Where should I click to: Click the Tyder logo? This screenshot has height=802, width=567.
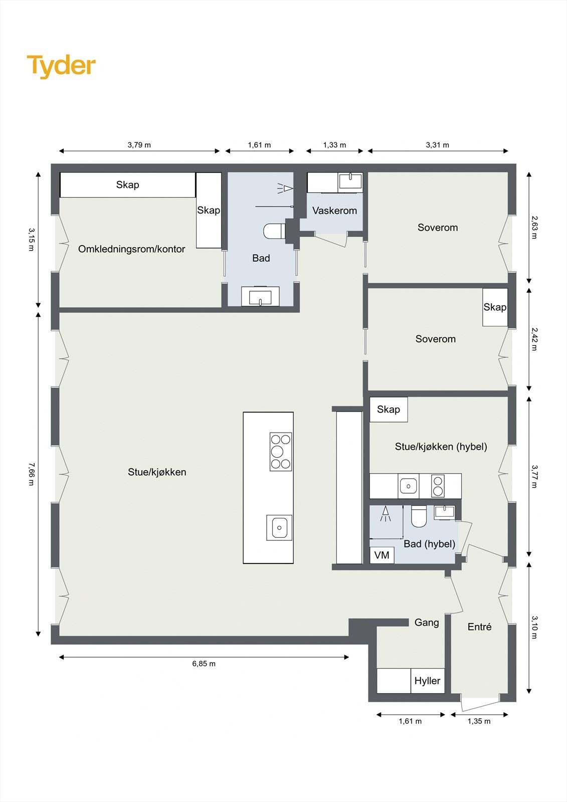pos(61,66)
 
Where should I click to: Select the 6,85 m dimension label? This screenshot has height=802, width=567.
pos(204,664)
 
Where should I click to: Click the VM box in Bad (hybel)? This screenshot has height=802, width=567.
pos(382,555)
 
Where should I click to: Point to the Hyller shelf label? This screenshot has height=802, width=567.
pos(427,681)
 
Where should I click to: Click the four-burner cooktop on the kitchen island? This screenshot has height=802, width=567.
pos(281,452)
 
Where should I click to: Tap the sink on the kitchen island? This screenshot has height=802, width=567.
pos(279,527)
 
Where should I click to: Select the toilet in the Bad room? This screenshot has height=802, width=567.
pos(274,231)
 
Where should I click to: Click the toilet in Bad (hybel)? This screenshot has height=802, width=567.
pos(419,517)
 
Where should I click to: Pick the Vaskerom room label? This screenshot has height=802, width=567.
pos(334,211)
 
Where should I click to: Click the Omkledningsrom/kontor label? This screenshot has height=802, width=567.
pos(131,249)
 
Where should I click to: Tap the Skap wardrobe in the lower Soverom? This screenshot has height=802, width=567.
pos(495,307)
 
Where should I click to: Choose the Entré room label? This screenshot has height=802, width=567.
pos(479,627)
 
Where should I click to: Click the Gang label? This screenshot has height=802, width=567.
pos(427,623)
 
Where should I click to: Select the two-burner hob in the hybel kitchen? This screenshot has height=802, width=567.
pos(438,486)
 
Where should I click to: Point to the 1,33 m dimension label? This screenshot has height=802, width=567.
pos(334,145)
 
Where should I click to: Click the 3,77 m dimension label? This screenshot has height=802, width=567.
pos(534,476)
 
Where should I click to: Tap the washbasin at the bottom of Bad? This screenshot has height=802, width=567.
pos(260,296)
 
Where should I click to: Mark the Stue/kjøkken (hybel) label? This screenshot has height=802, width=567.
pos(441,447)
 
